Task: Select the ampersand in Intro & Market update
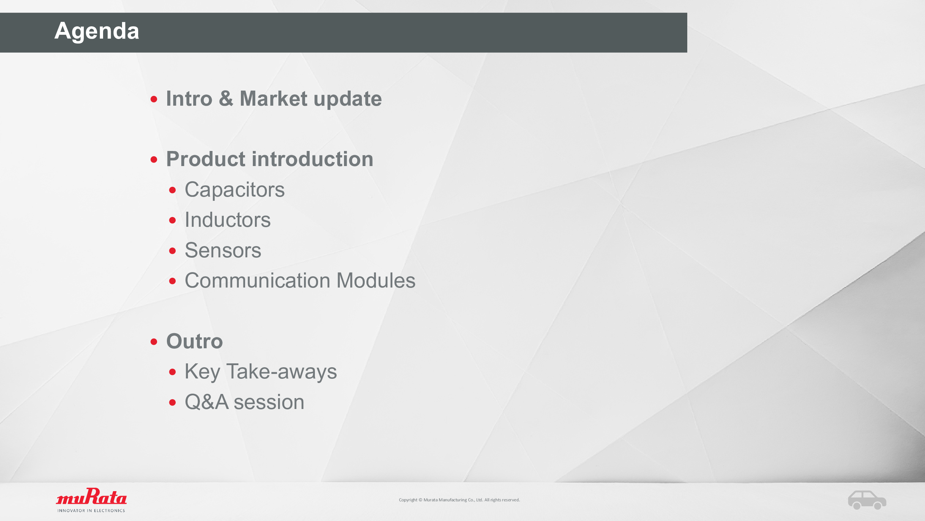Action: [x=226, y=99]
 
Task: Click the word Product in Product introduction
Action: [x=205, y=159]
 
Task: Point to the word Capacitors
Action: [x=235, y=190]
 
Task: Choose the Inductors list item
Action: [x=228, y=220]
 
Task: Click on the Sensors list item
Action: [x=223, y=250]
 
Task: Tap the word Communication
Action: [x=257, y=281]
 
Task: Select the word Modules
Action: [x=376, y=281]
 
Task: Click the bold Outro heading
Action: [x=195, y=341]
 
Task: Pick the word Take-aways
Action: [x=282, y=372]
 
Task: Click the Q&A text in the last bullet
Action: [x=207, y=402]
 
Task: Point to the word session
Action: [x=269, y=402]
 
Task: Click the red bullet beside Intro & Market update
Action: [x=154, y=99]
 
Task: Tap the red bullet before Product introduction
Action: [x=154, y=160]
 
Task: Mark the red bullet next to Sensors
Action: [x=173, y=251]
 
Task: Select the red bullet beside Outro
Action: [x=154, y=342]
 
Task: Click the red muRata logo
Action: [x=91, y=496]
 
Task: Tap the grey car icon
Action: [x=867, y=500]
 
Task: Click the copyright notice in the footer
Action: [x=459, y=500]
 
